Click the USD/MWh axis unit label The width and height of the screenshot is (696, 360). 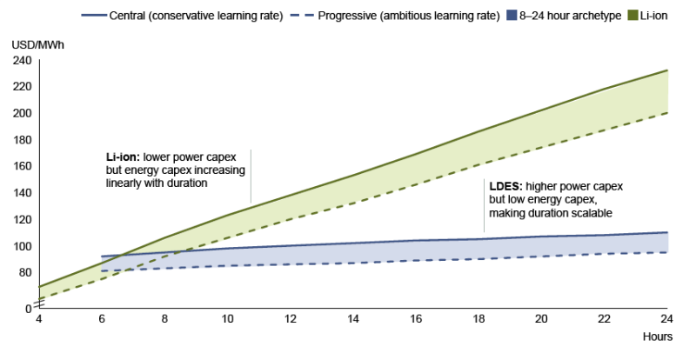30,45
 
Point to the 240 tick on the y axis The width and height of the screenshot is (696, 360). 21,60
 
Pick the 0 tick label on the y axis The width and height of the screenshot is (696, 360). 27,308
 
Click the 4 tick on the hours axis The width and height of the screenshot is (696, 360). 39,319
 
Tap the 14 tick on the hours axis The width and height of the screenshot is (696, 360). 351,319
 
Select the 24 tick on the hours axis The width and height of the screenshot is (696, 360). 666,319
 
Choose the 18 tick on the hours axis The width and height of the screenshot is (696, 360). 477,319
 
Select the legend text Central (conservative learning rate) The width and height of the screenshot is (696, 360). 201,16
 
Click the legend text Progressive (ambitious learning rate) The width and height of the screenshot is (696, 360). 396,16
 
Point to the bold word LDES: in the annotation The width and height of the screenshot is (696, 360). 503,187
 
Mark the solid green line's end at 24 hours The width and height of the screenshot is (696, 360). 666,70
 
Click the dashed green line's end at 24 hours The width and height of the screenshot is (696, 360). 666,113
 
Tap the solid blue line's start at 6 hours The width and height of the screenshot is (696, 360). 103,257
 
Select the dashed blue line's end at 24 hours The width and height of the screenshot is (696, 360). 666,252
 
